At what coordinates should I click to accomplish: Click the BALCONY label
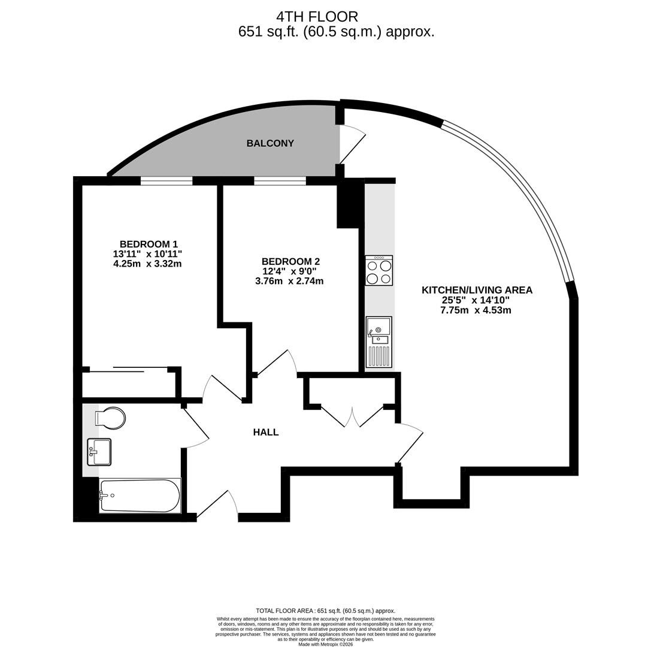pyautogui.click(x=270, y=143)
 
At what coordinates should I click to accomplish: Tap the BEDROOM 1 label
pyautogui.click(x=149, y=244)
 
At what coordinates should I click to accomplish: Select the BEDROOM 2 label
pyautogui.click(x=290, y=262)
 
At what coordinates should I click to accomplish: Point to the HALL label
pyautogui.click(x=266, y=433)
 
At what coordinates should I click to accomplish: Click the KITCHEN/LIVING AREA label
pyautogui.click(x=477, y=290)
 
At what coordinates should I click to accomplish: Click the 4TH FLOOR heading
pyautogui.click(x=317, y=17)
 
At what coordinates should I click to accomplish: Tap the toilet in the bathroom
pyautogui.click(x=110, y=418)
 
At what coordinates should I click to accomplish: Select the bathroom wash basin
pyautogui.click(x=99, y=452)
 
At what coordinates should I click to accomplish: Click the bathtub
pyautogui.click(x=140, y=496)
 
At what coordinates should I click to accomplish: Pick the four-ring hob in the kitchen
pyautogui.click(x=379, y=270)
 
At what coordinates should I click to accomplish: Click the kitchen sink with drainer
pyautogui.click(x=379, y=342)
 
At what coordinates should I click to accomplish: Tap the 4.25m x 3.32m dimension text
pyautogui.click(x=147, y=264)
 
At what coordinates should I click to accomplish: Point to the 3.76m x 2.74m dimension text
pyautogui.click(x=289, y=281)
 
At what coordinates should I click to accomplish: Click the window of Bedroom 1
pyautogui.click(x=166, y=181)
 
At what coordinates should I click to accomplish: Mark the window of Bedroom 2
pyautogui.click(x=280, y=181)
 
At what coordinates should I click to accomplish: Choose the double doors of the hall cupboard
pyautogui.click(x=352, y=416)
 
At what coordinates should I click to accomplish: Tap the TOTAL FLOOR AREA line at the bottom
pyautogui.click(x=326, y=611)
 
